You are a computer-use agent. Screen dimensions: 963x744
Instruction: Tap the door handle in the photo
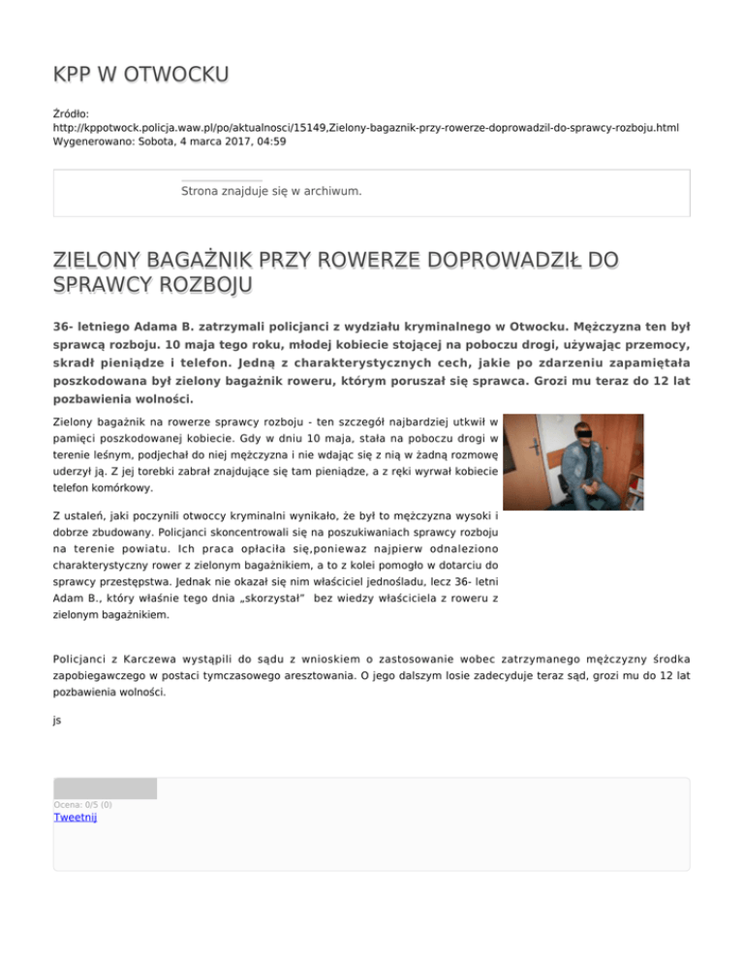click(537, 445)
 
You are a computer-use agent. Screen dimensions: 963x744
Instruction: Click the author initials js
click(57, 720)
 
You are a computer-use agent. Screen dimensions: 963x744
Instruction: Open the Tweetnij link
click(75, 818)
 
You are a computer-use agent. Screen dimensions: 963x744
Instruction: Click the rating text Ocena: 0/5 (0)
click(82, 804)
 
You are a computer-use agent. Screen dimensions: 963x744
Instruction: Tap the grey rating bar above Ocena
click(105, 789)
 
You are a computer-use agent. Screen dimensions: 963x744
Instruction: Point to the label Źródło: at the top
click(72, 113)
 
